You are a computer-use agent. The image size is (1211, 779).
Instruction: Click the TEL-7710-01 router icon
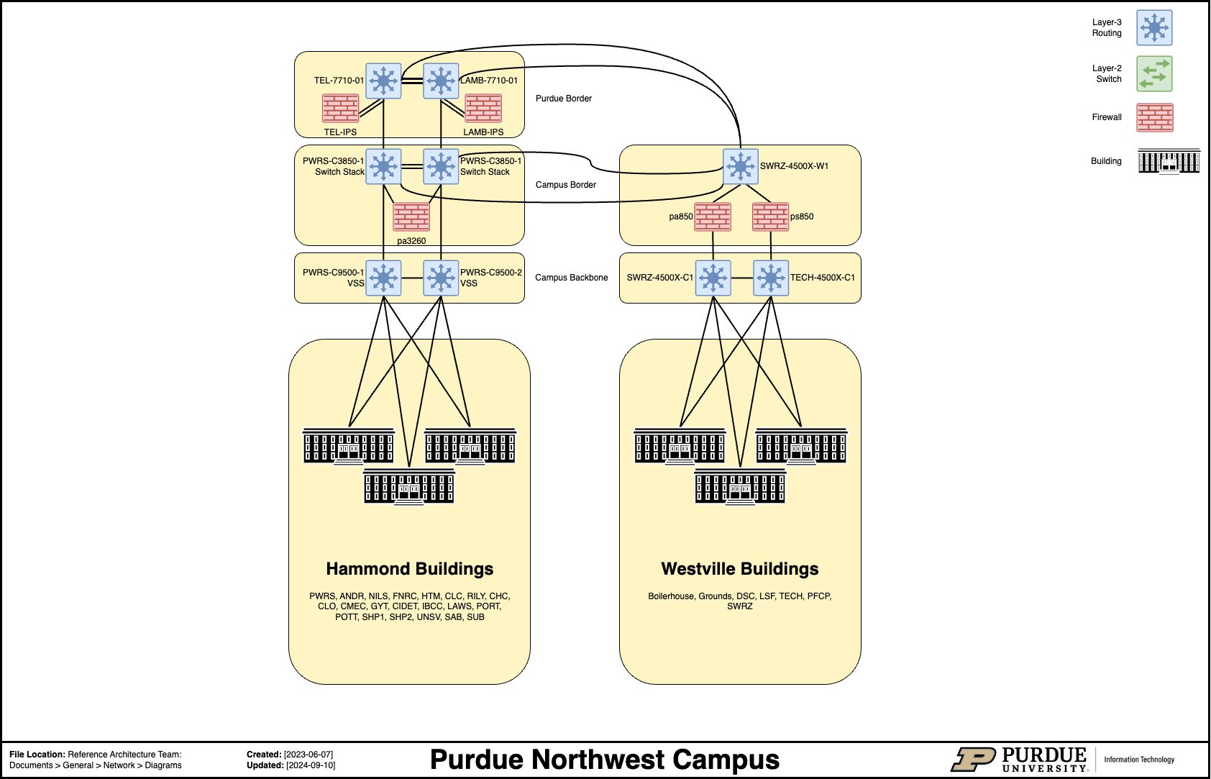point(383,81)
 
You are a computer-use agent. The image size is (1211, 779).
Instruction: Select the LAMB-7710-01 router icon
point(441,81)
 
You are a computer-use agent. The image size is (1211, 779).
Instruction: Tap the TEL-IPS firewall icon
point(340,109)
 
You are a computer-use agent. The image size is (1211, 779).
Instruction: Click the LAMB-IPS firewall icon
point(483,109)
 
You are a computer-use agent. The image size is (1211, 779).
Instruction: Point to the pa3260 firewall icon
point(411,217)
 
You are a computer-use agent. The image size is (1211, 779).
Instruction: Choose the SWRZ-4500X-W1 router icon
point(741,166)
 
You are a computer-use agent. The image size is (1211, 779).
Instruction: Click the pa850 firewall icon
point(713,217)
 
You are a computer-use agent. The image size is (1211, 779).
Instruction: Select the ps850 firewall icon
point(770,217)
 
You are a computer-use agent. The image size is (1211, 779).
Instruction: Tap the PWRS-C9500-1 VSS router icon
point(383,278)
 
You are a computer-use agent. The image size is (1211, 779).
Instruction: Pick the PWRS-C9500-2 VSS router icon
point(441,278)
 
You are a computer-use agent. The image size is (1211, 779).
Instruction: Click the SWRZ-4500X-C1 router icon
point(713,278)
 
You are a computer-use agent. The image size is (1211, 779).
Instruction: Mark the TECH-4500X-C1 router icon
point(771,278)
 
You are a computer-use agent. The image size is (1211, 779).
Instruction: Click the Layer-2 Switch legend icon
point(1154,74)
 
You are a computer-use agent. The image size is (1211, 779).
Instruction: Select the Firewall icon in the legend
point(1154,118)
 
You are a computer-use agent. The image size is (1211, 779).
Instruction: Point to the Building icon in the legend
point(1169,161)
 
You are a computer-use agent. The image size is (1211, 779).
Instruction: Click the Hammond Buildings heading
point(409,569)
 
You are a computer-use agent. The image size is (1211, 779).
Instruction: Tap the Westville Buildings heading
point(740,569)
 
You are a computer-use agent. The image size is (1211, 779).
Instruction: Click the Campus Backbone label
point(571,278)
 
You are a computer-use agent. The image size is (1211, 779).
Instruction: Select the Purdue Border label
point(563,99)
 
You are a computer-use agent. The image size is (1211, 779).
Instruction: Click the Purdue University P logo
point(973,760)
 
